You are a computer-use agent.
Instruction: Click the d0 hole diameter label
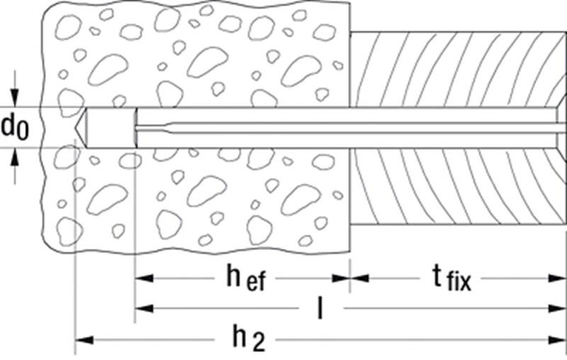(14, 128)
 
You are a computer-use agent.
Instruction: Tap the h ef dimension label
(246, 279)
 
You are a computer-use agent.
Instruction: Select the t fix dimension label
(451, 279)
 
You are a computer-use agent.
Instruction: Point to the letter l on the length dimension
(320, 308)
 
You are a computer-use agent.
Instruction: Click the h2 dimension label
(249, 339)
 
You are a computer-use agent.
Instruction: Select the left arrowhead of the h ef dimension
(145, 279)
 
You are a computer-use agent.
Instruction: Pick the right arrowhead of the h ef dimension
(340, 279)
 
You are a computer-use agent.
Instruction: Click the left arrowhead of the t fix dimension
(359, 279)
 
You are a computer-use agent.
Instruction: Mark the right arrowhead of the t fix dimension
(557, 279)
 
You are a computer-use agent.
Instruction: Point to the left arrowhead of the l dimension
(145, 309)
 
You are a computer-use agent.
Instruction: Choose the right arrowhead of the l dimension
(557, 309)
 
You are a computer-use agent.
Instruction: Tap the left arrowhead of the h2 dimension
(84, 340)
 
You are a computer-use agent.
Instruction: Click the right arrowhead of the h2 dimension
(557, 340)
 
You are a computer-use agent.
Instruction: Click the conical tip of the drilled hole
(81, 128)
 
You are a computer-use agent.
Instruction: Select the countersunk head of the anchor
(561, 128)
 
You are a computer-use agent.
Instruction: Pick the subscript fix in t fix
(459, 282)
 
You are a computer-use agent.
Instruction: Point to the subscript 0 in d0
(23, 133)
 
